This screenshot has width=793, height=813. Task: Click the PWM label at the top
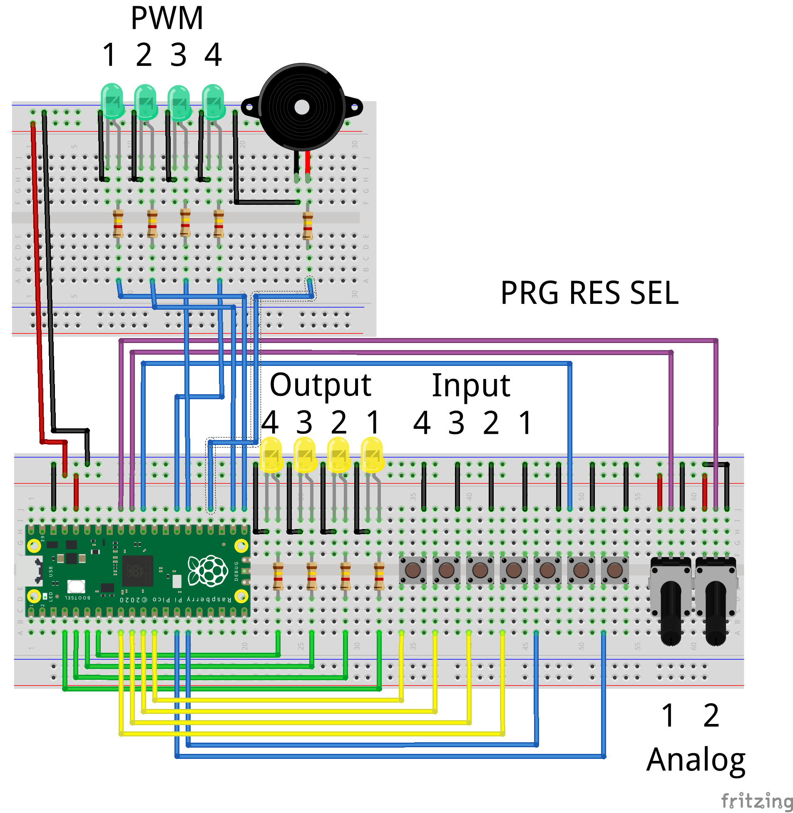[x=167, y=18]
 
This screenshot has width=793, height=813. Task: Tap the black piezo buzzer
[x=302, y=107]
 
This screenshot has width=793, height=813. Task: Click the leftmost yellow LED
[x=271, y=454]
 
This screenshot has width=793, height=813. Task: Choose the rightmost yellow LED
[x=372, y=454]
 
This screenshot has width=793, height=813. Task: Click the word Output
[x=320, y=385]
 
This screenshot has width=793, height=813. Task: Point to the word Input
[x=471, y=385]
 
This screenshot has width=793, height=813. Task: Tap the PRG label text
[x=529, y=293]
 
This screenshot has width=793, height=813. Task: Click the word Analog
[x=696, y=760]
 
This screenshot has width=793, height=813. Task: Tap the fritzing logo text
[x=756, y=801]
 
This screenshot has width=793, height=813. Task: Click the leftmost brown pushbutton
[x=413, y=570]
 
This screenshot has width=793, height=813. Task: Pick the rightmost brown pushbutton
[x=615, y=570]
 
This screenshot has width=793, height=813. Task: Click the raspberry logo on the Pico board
[x=208, y=571]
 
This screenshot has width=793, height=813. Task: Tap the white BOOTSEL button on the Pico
[x=76, y=586]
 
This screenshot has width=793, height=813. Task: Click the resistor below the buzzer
[x=308, y=225]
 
